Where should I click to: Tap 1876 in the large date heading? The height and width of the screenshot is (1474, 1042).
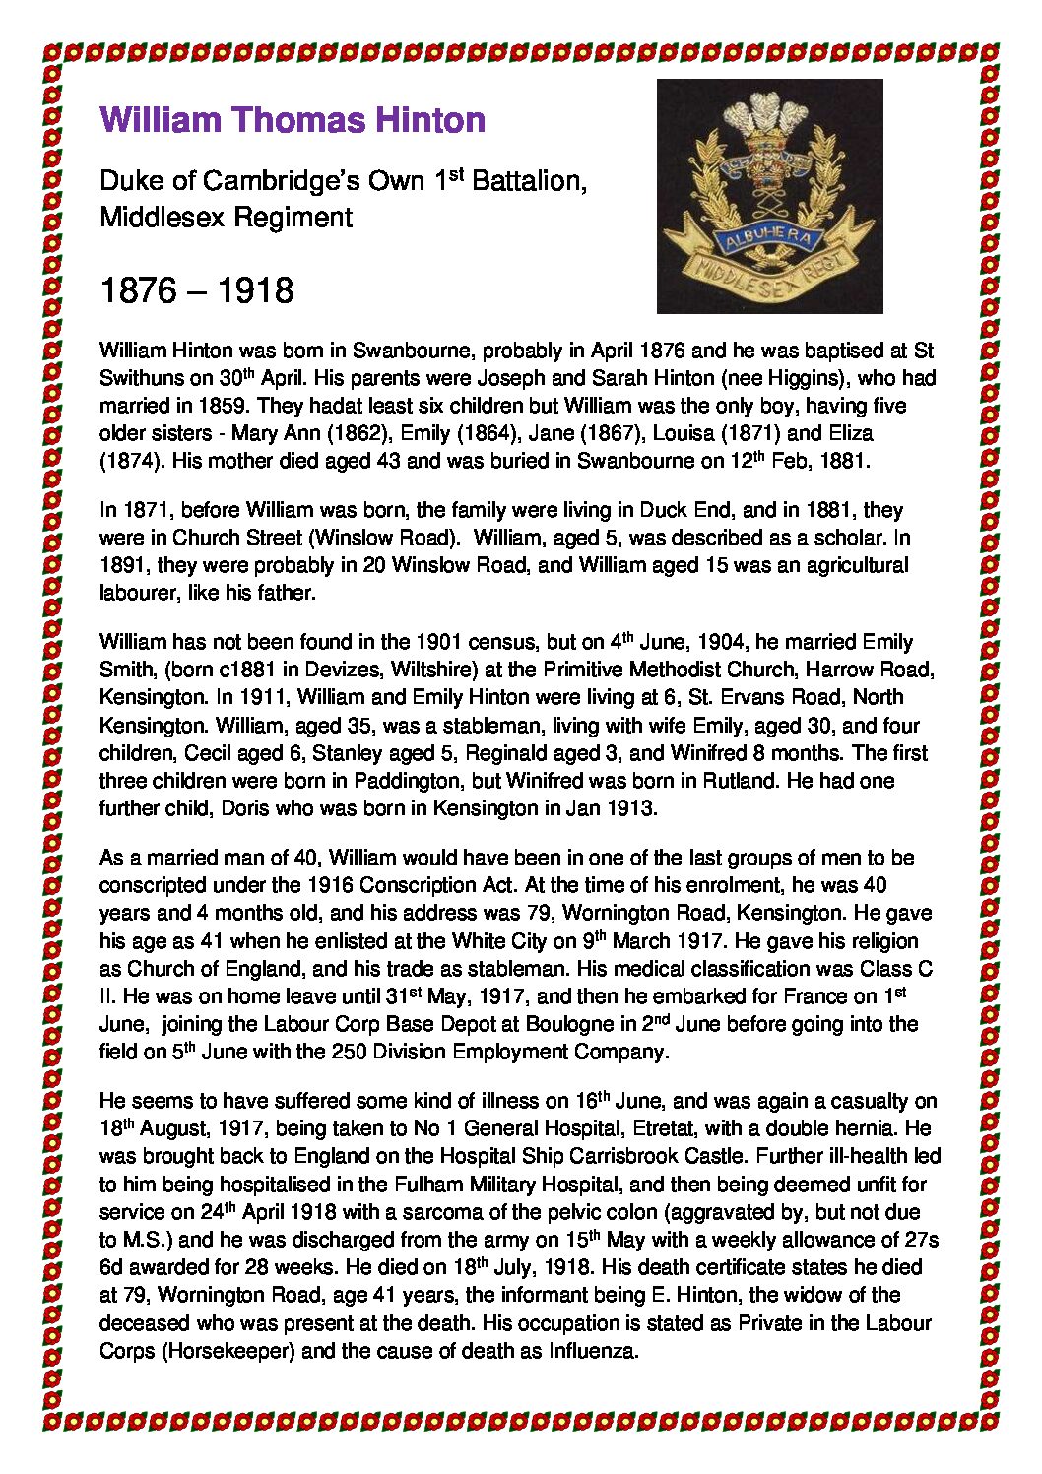tap(139, 290)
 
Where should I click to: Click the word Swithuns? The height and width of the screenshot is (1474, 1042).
tap(136, 378)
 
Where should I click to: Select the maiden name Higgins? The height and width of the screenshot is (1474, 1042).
tap(792, 378)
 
